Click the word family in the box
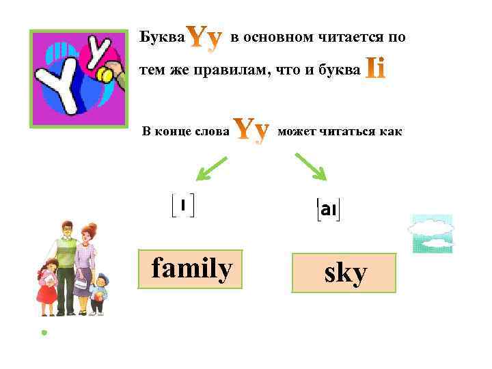point(191,269)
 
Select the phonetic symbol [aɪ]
point(328,210)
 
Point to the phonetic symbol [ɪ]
point(182,204)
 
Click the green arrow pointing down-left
point(213,168)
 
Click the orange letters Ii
point(376,68)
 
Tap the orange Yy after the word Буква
point(204,39)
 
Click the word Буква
point(161,38)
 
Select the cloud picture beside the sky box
point(430,234)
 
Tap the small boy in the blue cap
point(98,292)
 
